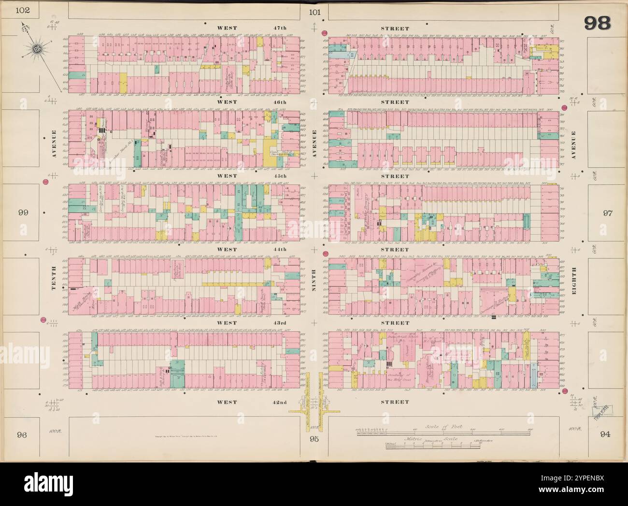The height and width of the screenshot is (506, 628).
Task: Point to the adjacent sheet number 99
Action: pos(22,212)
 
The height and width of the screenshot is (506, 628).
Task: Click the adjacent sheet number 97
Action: pos(605,213)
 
